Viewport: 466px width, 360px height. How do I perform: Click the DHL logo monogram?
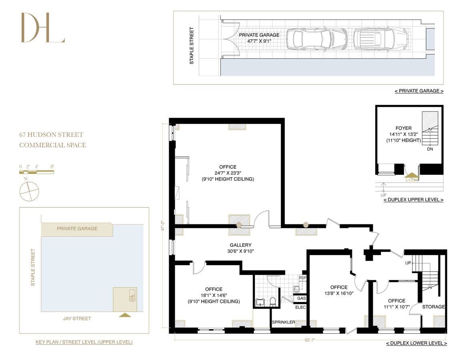[42, 28]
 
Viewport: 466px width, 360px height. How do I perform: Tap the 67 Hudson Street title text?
[51, 135]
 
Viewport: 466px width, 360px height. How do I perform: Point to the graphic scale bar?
[36, 172]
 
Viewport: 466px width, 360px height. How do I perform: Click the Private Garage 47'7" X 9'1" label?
[259, 38]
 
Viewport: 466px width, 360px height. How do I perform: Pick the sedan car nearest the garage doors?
[312, 39]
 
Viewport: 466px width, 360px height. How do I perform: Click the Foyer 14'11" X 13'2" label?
[403, 134]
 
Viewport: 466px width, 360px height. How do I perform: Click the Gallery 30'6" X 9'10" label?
[240, 248]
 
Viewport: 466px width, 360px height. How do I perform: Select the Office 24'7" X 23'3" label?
[228, 173]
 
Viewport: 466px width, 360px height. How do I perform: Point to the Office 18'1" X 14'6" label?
[214, 295]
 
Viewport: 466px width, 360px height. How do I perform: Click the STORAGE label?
[434, 307]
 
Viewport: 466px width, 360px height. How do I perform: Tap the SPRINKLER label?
[283, 322]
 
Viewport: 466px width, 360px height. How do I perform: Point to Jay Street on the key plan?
[77, 318]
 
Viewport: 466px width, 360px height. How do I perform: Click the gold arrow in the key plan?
[125, 315]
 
